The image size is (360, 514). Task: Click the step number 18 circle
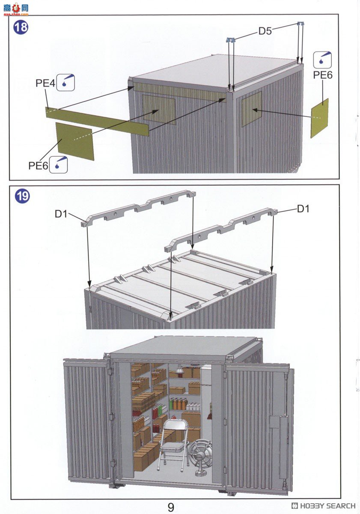pyautogui.click(x=21, y=28)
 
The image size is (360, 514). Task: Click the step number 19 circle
pyautogui.click(x=22, y=197)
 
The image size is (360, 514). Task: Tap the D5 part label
pyautogui.click(x=265, y=31)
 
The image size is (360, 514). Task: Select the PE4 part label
pyautogui.click(x=45, y=83)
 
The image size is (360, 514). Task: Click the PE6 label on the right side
pyautogui.click(x=323, y=75)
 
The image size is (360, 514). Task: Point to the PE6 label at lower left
pyautogui.click(x=38, y=165)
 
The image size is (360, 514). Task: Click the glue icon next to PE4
pyautogui.click(x=65, y=83)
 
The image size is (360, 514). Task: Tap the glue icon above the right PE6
pyautogui.click(x=322, y=60)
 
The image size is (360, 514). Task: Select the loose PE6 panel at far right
pyautogui.click(x=320, y=118)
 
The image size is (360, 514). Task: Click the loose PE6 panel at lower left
pyautogui.click(x=75, y=141)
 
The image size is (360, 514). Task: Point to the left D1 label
pyautogui.click(x=61, y=214)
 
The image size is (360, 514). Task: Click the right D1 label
pyautogui.click(x=303, y=209)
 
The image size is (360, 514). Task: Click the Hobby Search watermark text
pyautogui.click(x=324, y=506)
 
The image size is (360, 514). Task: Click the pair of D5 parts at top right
pyautogui.click(x=300, y=23)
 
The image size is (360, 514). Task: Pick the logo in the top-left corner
pyautogui.click(x=16, y=9)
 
